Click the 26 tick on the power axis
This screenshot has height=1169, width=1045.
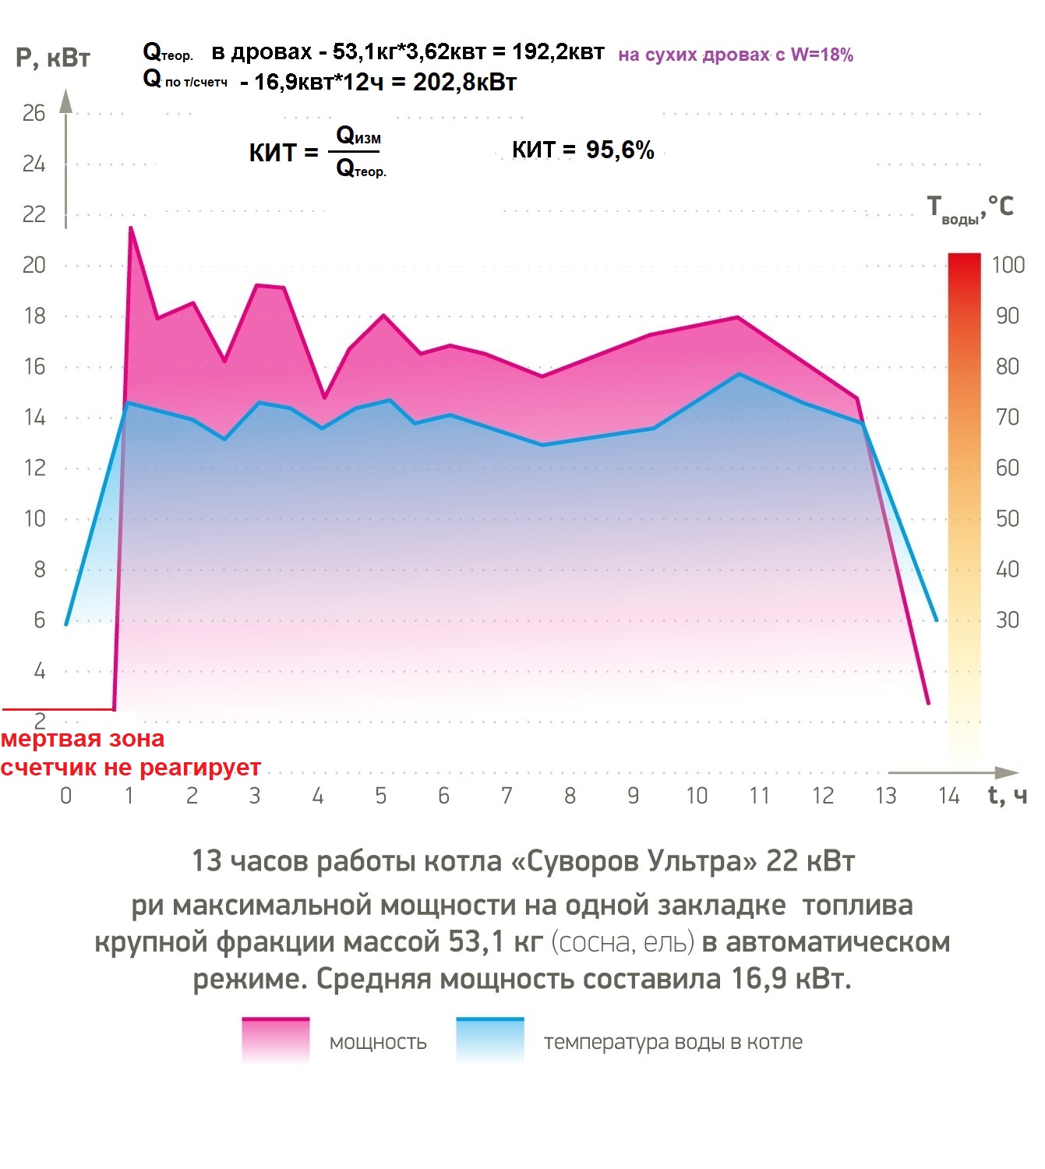tap(34, 114)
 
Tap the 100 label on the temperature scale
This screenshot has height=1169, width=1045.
tap(1008, 265)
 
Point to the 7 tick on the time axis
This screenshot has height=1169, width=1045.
tap(507, 796)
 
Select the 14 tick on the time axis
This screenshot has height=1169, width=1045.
tap(948, 796)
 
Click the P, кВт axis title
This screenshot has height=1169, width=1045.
tap(53, 58)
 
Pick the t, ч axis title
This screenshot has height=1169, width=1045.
tap(1007, 796)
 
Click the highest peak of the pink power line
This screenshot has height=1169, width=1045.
tap(130, 228)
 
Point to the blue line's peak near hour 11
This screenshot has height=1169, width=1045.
tap(739, 374)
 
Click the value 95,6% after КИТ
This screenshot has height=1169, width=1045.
tap(620, 150)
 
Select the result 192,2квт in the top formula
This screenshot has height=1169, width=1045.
tap(558, 52)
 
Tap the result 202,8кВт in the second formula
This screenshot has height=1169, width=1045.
tap(464, 82)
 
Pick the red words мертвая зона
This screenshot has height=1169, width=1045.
tap(83, 739)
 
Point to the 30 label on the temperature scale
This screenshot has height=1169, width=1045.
tap(1007, 620)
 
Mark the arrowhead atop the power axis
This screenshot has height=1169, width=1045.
tap(66, 100)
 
